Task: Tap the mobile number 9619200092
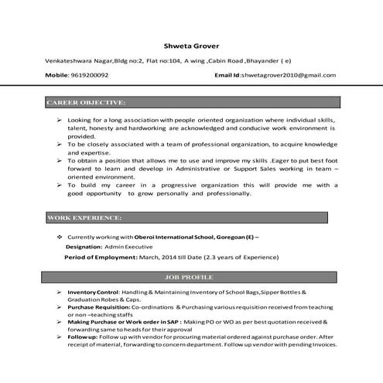click(89, 75)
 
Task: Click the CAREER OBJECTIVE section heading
click(86, 102)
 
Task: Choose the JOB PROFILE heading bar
click(191, 276)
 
